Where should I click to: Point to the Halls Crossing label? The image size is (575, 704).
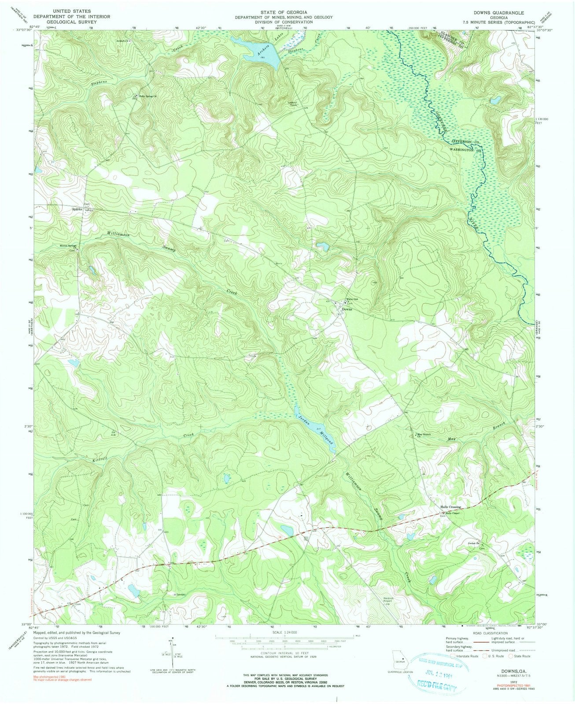[450, 507]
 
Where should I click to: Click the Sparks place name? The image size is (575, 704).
[78, 210]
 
